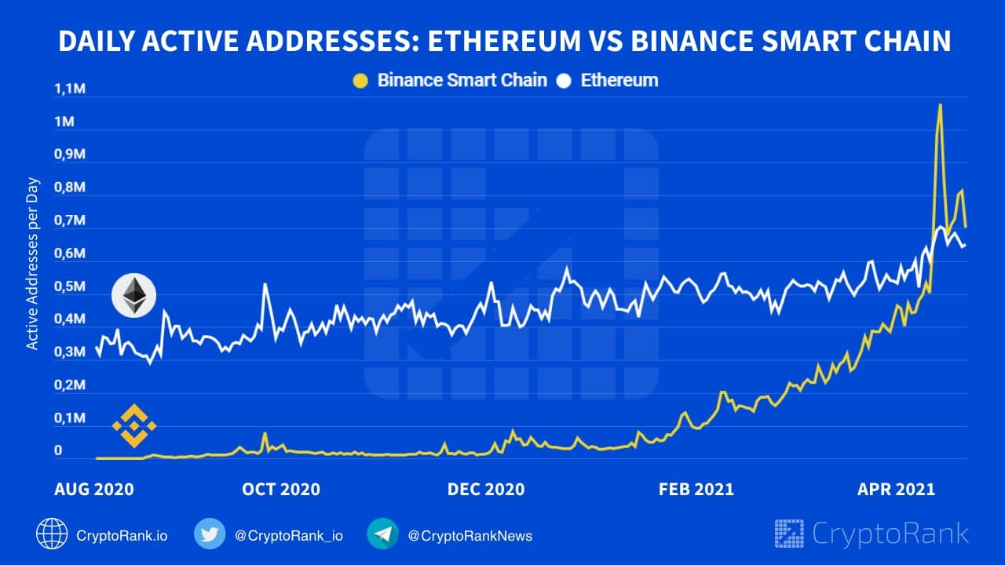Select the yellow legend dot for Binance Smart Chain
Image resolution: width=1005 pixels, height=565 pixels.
[360, 80]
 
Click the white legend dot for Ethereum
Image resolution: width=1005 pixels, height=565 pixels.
[563, 80]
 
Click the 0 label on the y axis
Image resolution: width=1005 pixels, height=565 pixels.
[58, 451]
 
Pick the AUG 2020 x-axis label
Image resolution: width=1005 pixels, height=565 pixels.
[93, 490]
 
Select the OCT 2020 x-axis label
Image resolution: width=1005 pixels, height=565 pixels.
[281, 490]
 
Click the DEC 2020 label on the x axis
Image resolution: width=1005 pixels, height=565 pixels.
[486, 490]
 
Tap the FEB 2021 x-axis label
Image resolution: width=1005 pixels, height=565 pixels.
[695, 490]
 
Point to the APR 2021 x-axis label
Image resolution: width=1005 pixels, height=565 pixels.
[896, 490]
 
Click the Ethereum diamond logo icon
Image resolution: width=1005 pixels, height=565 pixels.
[134, 296]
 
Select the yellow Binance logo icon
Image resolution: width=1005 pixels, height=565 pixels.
[134, 427]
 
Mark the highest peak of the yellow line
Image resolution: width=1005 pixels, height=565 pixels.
[940, 104]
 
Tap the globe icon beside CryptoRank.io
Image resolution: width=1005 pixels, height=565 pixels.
[52, 535]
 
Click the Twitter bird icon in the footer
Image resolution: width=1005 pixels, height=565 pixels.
[210, 535]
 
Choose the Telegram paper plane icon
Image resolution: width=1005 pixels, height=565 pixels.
[382, 535]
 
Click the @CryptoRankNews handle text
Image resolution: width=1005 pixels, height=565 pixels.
[470, 536]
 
